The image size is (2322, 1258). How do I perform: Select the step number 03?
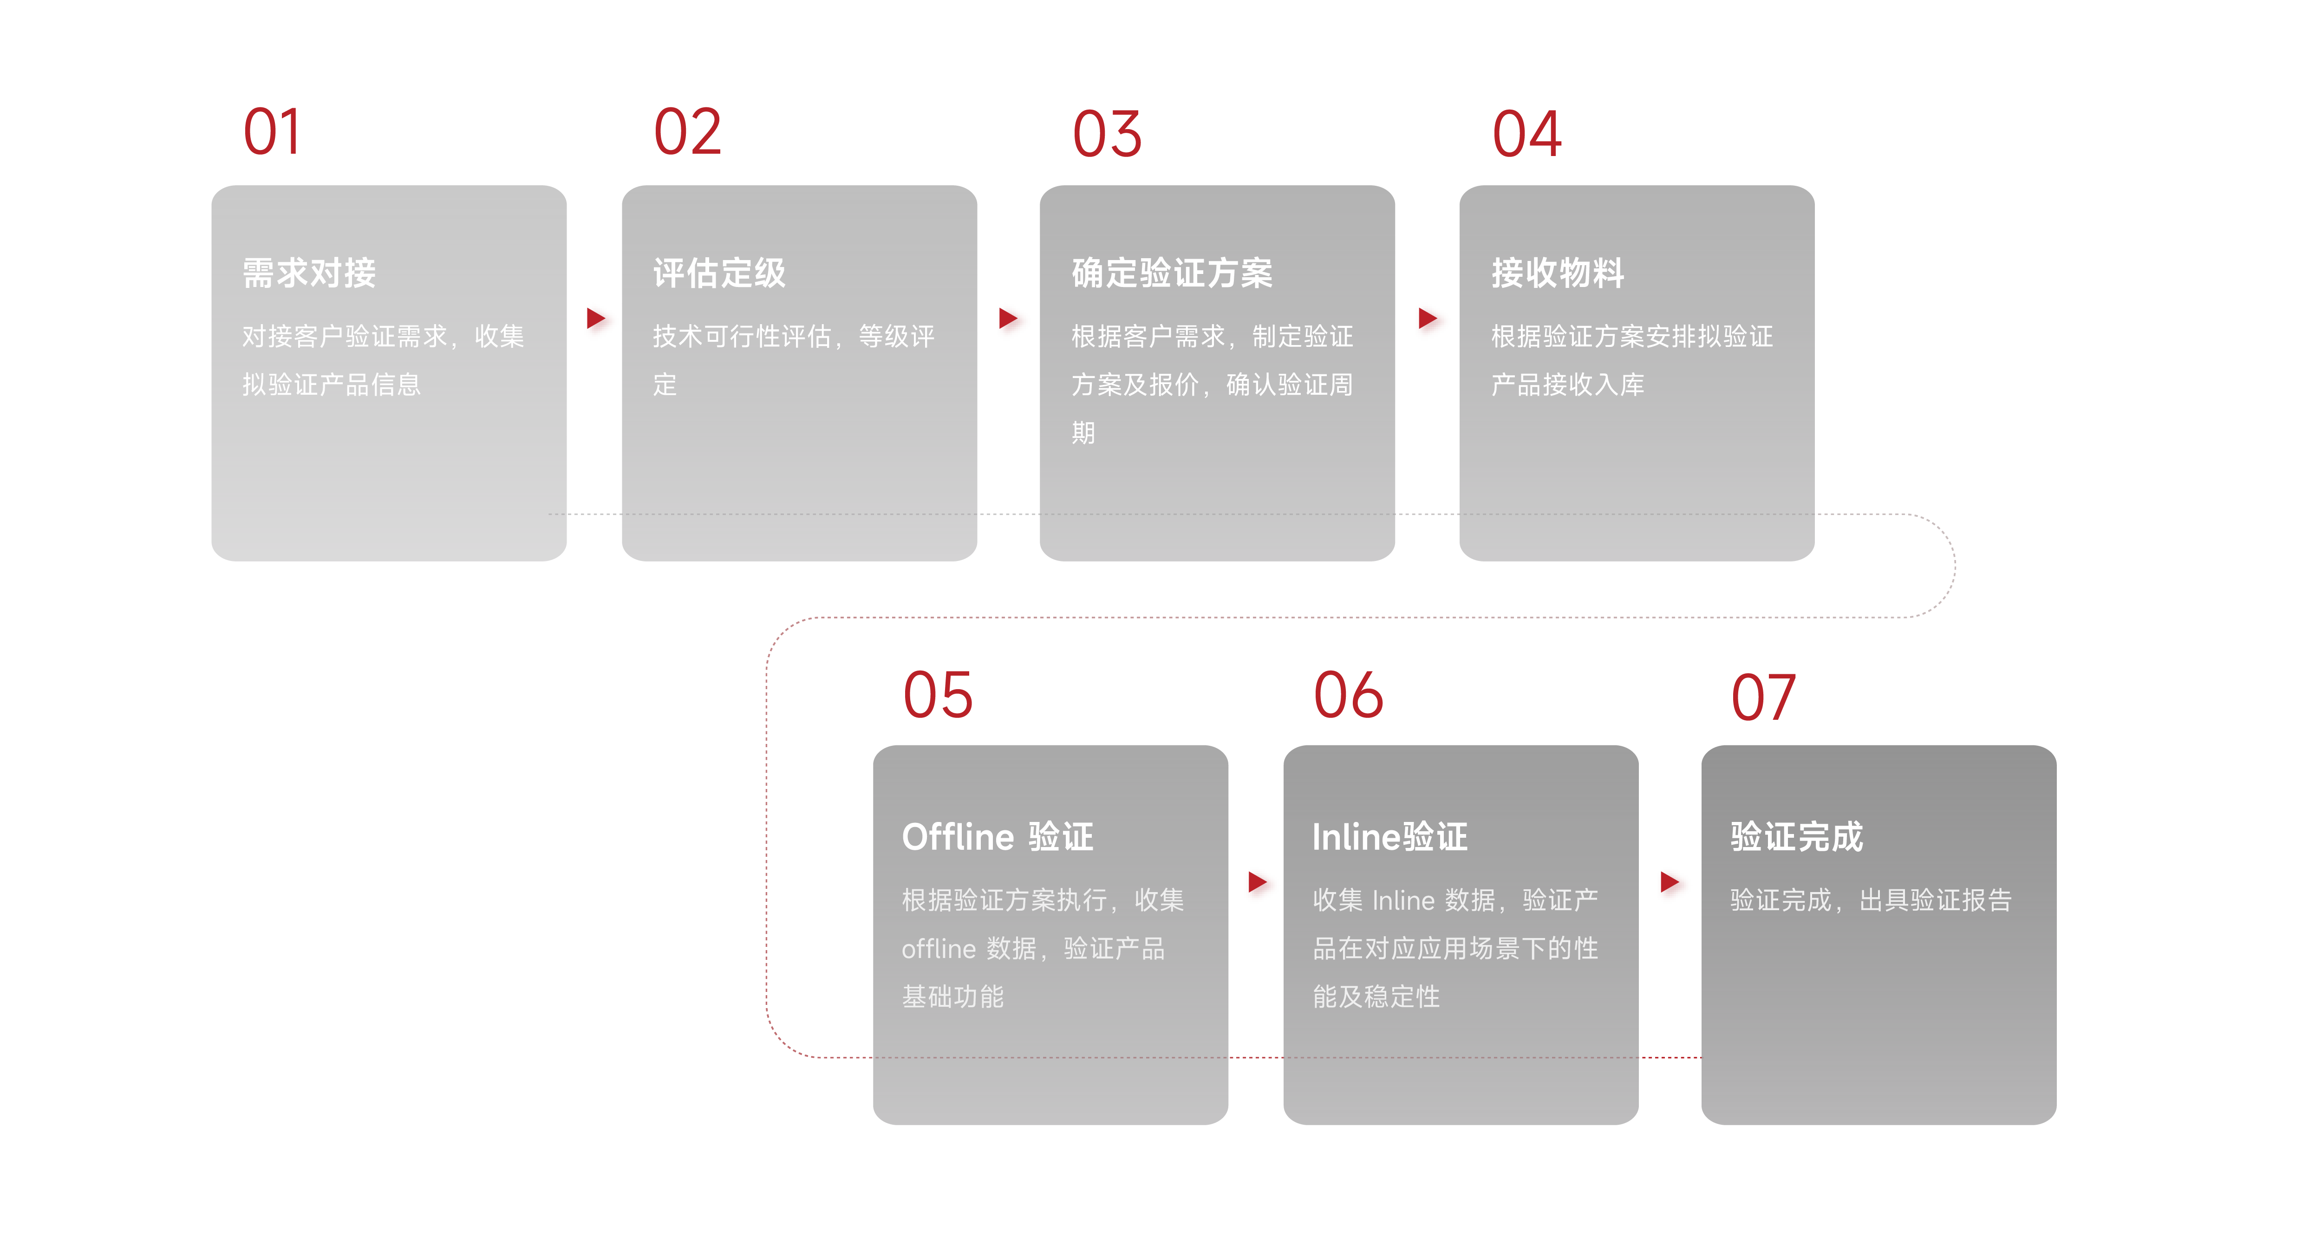point(1107,134)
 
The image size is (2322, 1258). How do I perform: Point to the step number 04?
point(1527,134)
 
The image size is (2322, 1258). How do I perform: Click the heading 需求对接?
point(309,272)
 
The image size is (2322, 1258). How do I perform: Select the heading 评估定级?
point(719,272)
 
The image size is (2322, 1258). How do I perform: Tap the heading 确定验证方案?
point(1172,272)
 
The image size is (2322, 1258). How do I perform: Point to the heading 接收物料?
point(1558,272)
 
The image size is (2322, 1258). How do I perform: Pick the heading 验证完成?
point(1796,836)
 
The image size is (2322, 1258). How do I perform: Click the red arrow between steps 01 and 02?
point(596,318)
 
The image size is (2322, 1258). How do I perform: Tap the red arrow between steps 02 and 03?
point(1009,318)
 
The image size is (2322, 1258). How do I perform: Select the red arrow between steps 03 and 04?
point(1428,318)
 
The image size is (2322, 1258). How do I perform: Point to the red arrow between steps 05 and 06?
point(1258,881)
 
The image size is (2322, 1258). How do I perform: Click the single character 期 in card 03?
point(1083,433)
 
